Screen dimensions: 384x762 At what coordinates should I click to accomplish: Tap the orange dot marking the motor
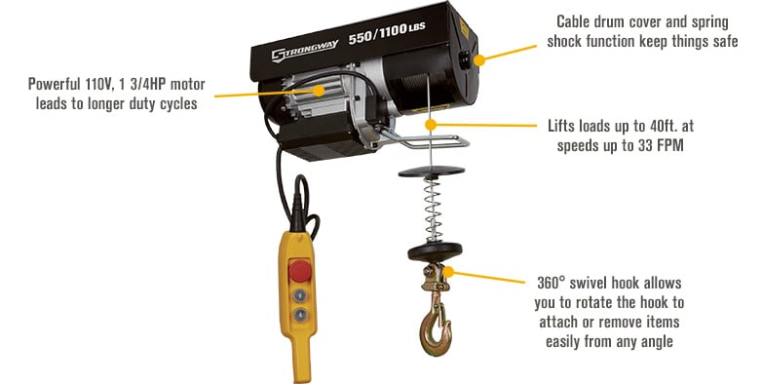322,90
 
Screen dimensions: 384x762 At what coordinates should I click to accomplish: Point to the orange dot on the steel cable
430,124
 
